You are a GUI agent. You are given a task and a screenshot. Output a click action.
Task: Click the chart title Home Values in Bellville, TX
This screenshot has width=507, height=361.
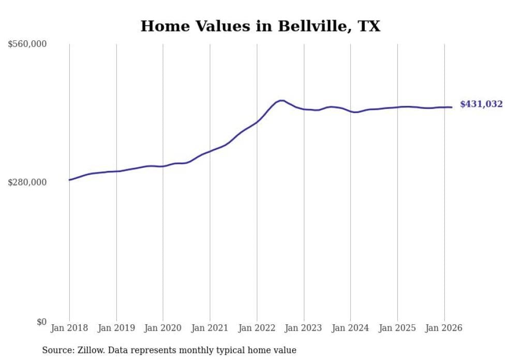click(x=260, y=26)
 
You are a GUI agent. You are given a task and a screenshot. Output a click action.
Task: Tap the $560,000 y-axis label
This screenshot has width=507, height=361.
click(x=27, y=44)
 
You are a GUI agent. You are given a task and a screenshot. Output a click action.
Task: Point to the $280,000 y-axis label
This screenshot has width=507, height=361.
click(x=27, y=182)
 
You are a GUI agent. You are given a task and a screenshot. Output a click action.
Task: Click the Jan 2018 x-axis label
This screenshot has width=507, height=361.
click(x=69, y=328)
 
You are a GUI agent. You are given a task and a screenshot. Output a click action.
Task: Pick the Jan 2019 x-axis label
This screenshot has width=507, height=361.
click(x=116, y=328)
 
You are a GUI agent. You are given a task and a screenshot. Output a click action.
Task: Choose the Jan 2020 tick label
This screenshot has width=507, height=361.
click(x=163, y=328)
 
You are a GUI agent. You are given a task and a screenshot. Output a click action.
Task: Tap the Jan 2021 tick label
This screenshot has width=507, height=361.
click(x=210, y=328)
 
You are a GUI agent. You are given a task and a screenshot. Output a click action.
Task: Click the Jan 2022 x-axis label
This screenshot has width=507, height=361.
click(x=257, y=328)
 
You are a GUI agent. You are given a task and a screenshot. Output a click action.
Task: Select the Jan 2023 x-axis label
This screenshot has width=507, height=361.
click(x=304, y=328)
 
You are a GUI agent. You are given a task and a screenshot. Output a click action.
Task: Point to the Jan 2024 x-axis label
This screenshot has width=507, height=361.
click(x=350, y=328)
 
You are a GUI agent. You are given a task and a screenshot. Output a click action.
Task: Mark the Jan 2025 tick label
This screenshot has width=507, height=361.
click(x=397, y=328)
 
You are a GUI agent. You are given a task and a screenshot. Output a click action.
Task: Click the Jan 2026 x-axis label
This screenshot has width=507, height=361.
click(x=444, y=328)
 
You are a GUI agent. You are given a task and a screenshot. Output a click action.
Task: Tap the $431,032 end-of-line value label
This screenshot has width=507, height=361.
click(x=481, y=104)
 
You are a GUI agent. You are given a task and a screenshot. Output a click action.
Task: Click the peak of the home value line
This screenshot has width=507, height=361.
click(x=281, y=100)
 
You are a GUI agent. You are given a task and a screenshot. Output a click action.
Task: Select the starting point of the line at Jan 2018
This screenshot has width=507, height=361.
click(x=69, y=180)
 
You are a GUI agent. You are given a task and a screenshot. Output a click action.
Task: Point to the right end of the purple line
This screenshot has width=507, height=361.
click(x=452, y=107)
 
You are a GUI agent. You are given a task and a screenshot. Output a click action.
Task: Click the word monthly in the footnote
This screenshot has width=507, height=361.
click(x=211, y=350)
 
